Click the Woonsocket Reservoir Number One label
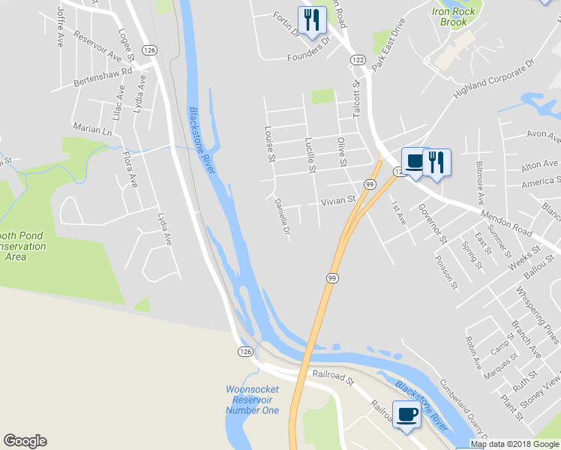pos(252,400)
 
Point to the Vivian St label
pos(337,202)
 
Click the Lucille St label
pos(310,154)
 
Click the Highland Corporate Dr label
pos(491,80)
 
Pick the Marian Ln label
pos(92,129)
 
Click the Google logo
pos(25,441)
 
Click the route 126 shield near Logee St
pos(151,49)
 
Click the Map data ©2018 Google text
pos(515,444)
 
